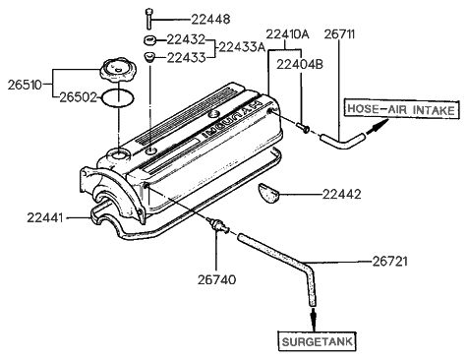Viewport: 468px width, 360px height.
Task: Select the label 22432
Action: [x=186, y=41]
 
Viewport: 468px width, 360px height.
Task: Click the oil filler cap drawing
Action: [x=115, y=71]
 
